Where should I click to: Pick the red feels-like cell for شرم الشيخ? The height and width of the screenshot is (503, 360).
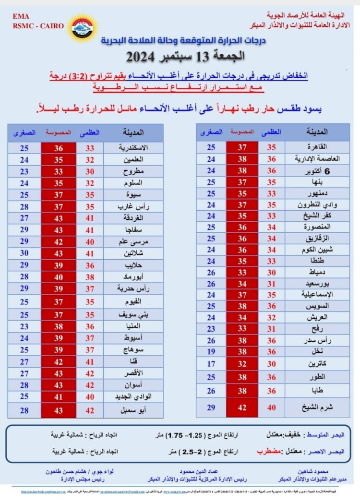click(243, 407)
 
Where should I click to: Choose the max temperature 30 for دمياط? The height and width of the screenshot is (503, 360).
click(272, 272)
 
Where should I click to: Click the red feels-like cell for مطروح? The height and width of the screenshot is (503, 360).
click(58, 171)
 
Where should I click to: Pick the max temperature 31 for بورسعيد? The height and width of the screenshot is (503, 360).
click(272, 284)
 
